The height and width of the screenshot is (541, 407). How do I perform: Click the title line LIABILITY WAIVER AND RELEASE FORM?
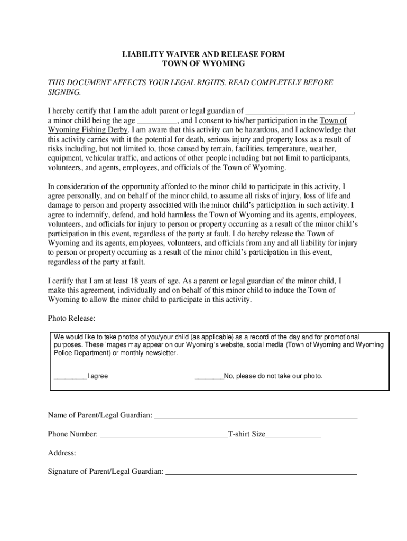pos(203,54)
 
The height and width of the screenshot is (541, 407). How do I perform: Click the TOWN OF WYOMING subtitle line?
pos(203,63)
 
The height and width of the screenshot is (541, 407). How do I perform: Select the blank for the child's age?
pos(157,120)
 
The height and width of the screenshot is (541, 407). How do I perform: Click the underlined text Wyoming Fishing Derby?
pos(88,129)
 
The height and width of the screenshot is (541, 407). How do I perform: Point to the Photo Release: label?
pos(71,318)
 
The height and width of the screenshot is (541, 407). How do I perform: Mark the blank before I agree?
pos(70,376)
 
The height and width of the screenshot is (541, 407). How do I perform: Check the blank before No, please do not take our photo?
pos(209,376)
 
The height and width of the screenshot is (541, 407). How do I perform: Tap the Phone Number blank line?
pos(163,434)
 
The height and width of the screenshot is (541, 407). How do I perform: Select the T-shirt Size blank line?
pos(293,434)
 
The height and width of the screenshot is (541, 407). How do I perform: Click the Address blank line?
pos(218,453)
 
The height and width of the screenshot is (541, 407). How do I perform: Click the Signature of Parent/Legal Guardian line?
pos(261,472)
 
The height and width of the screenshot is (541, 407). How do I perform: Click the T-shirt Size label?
pos(246,434)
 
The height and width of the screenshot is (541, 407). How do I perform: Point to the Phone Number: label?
pos(73,434)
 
